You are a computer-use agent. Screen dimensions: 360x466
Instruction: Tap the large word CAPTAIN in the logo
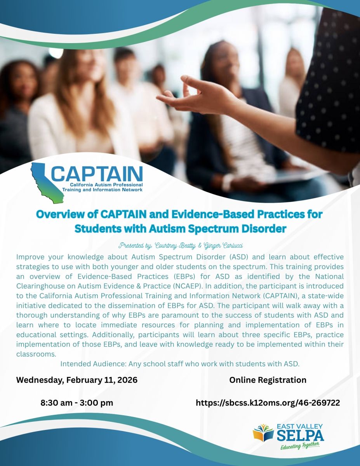[x=97, y=174]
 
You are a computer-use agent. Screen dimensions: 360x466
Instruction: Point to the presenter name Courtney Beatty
[x=175, y=245]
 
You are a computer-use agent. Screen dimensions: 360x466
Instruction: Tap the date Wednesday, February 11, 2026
[x=77, y=380]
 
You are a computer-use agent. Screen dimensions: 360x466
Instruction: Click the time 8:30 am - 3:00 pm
[x=77, y=403]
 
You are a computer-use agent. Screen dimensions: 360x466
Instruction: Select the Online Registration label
[x=268, y=380]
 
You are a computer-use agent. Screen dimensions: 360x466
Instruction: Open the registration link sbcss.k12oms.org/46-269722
[x=268, y=403]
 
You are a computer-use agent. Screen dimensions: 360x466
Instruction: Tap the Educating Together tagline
[x=300, y=446]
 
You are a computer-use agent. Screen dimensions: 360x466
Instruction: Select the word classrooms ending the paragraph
[x=36, y=354]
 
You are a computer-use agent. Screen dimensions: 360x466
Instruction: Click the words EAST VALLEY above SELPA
[x=300, y=426]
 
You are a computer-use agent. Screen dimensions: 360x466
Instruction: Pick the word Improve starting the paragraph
[x=30, y=257]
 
